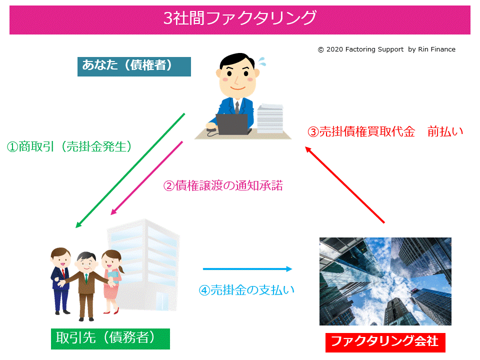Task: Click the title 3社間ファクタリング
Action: click(x=240, y=18)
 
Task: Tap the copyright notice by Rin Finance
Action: click(x=386, y=49)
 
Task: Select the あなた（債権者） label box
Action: click(x=134, y=66)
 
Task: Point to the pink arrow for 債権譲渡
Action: click(x=146, y=178)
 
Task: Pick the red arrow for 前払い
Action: click(x=344, y=184)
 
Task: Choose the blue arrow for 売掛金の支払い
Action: click(x=247, y=269)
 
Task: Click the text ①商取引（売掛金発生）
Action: click(x=69, y=146)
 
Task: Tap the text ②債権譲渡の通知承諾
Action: click(x=223, y=185)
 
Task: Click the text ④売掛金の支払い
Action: click(x=246, y=290)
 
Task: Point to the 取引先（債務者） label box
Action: click(x=110, y=338)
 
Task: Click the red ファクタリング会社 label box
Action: click(x=385, y=342)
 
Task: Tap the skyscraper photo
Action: click(x=385, y=281)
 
